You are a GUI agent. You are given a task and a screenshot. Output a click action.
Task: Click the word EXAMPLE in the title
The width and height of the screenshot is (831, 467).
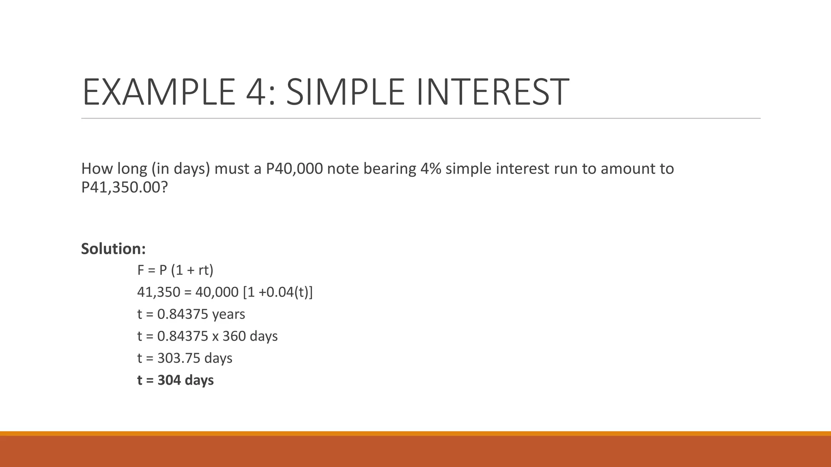(x=159, y=92)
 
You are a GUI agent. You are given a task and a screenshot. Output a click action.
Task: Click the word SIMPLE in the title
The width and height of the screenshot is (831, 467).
(x=346, y=92)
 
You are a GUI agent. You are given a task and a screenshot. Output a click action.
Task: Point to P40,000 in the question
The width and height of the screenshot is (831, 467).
(x=294, y=169)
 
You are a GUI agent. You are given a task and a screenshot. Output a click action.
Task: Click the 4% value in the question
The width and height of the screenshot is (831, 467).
(x=431, y=169)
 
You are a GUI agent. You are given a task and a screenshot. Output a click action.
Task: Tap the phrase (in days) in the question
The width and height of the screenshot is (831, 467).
(x=181, y=169)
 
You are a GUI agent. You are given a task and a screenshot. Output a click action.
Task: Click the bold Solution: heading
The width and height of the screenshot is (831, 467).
(x=113, y=248)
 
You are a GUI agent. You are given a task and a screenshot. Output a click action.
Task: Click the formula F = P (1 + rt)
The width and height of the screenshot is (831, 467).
(x=175, y=270)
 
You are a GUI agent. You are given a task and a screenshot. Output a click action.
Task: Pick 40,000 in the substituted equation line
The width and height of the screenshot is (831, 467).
(x=217, y=292)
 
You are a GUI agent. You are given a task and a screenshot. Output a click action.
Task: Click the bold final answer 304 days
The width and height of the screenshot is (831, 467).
(x=185, y=380)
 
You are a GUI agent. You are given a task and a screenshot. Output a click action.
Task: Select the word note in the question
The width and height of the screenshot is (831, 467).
(x=342, y=169)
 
